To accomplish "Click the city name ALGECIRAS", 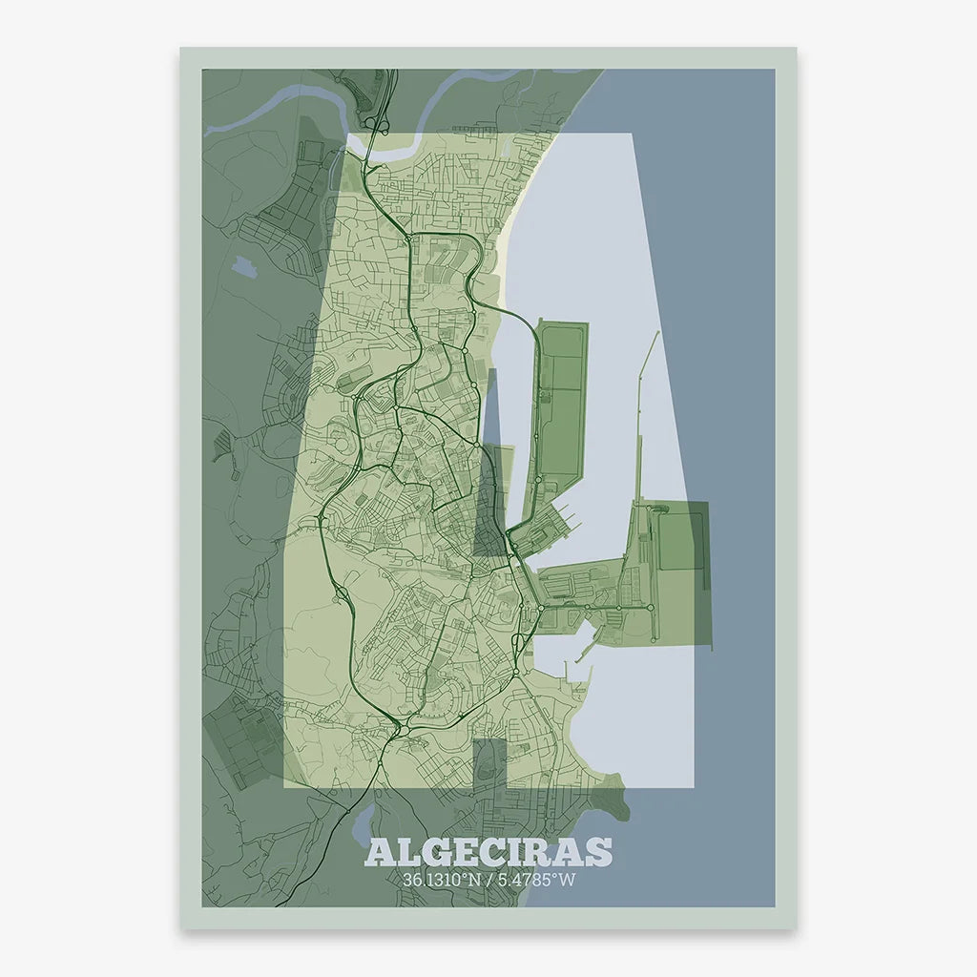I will tap(488, 852).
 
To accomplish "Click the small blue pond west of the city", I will tap(242, 266).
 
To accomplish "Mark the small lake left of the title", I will tap(364, 819).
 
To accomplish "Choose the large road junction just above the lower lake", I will tap(399, 731).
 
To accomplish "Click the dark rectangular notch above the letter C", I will tap(488, 764).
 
